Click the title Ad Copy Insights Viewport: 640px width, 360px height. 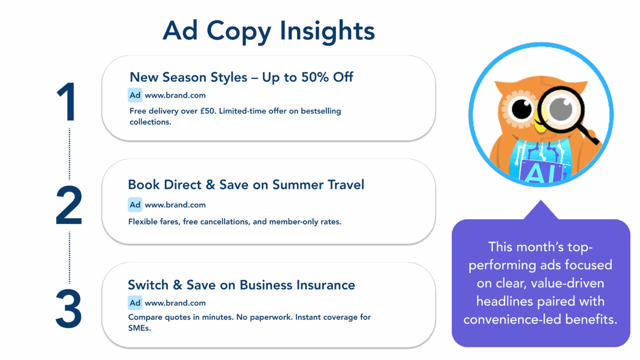(268, 31)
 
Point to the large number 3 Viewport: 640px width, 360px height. (69, 308)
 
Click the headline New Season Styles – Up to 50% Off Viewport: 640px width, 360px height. (241, 77)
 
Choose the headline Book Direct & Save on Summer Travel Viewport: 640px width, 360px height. (246, 185)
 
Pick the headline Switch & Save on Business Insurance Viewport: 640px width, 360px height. (241, 285)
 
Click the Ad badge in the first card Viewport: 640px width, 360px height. (135, 95)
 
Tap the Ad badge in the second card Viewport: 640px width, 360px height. (135, 205)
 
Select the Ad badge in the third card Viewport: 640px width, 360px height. (135, 303)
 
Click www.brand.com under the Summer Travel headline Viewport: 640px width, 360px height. (175, 205)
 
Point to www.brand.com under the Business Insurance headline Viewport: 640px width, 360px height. (175, 303)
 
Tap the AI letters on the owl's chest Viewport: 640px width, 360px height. (539, 174)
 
